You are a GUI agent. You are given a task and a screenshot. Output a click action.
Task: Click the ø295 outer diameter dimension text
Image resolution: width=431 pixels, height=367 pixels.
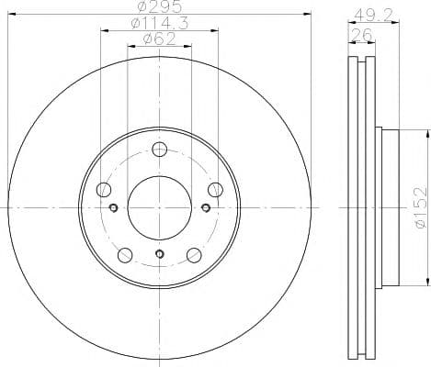pyautogui.click(x=159, y=8)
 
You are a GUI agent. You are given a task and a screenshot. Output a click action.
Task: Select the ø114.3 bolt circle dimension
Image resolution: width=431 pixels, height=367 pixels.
pyautogui.click(x=158, y=24)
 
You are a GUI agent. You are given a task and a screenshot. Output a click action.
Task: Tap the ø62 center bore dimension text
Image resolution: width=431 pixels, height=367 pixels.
pyautogui.click(x=159, y=40)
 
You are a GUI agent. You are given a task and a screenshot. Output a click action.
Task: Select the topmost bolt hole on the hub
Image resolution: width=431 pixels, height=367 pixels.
pyautogui.click(x=159, y=150)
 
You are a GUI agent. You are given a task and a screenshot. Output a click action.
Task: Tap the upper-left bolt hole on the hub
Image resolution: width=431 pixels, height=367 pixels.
pyautogui.click(x=103, y=190)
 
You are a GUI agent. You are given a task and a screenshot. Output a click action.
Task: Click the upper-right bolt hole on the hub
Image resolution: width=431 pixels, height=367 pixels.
pyautogui.click(x=215, y=190)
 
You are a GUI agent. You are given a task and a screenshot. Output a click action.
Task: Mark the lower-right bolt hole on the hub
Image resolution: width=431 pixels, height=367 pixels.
pyautogui.click(x=193, y=255)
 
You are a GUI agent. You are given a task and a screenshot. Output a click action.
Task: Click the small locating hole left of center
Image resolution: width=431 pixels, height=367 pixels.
pyautogui.click(x=114, y=207)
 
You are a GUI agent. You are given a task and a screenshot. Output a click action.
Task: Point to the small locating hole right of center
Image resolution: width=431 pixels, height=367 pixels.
pyautogui.click(x=203, y=207)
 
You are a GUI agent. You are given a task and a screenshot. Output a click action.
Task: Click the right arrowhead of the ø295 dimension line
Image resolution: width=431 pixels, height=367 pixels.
pyautogui.click(x=309, y=16)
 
